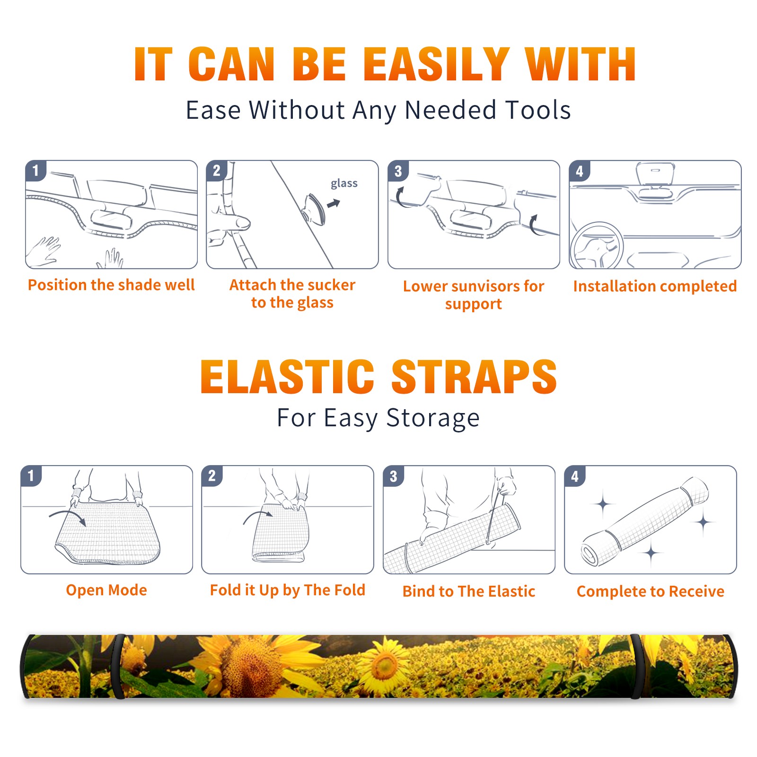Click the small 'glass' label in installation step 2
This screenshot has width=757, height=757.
click(344, 184)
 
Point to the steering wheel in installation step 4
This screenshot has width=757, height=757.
click(597, 246)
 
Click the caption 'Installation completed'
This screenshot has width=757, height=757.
click(655, 286)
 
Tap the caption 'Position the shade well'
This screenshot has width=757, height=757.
click(111, 285)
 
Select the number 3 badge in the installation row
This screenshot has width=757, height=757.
click(398, 171)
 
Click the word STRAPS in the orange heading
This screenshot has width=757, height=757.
click(474, 377)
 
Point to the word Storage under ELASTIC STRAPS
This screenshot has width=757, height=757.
click(433, 418)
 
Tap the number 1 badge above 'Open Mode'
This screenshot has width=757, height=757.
click(31, 476)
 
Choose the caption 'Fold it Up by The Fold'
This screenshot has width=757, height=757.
click(288, 590)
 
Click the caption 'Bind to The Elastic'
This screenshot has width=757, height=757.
click(469, 591)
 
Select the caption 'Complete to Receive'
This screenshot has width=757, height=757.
click(651, 591)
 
